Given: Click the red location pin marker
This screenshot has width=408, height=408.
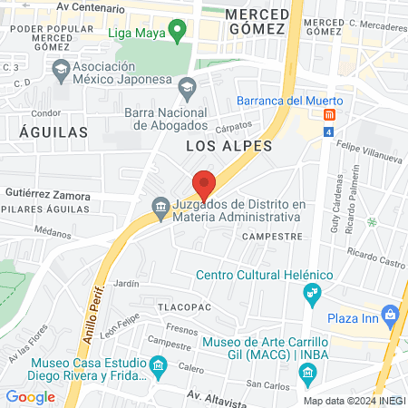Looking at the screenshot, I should tap(204, 184).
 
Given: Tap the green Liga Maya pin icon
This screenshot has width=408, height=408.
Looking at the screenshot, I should tap(179, 33).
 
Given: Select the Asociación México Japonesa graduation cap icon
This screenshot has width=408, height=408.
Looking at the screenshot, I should tap(61, 69).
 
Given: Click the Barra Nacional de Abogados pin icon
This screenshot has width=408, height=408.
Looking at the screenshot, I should tap(188, 89).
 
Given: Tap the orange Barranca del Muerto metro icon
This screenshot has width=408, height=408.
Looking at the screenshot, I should tap(328, 115).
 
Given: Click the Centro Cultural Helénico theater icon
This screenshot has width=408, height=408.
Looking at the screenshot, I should tap(313, 293).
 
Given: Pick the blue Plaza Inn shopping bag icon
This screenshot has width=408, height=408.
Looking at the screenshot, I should tap(391, 316).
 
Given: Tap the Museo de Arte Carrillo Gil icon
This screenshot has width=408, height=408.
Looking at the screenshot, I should tap(307, 372).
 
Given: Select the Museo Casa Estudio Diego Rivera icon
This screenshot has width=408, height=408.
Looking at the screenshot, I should tap(160, 367).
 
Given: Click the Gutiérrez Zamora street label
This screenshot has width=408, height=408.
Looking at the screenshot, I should tap(47, 195).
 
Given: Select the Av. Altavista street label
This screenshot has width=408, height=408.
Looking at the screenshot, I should tap(217, 396).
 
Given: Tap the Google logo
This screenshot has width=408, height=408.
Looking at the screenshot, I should tap(30, 396).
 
